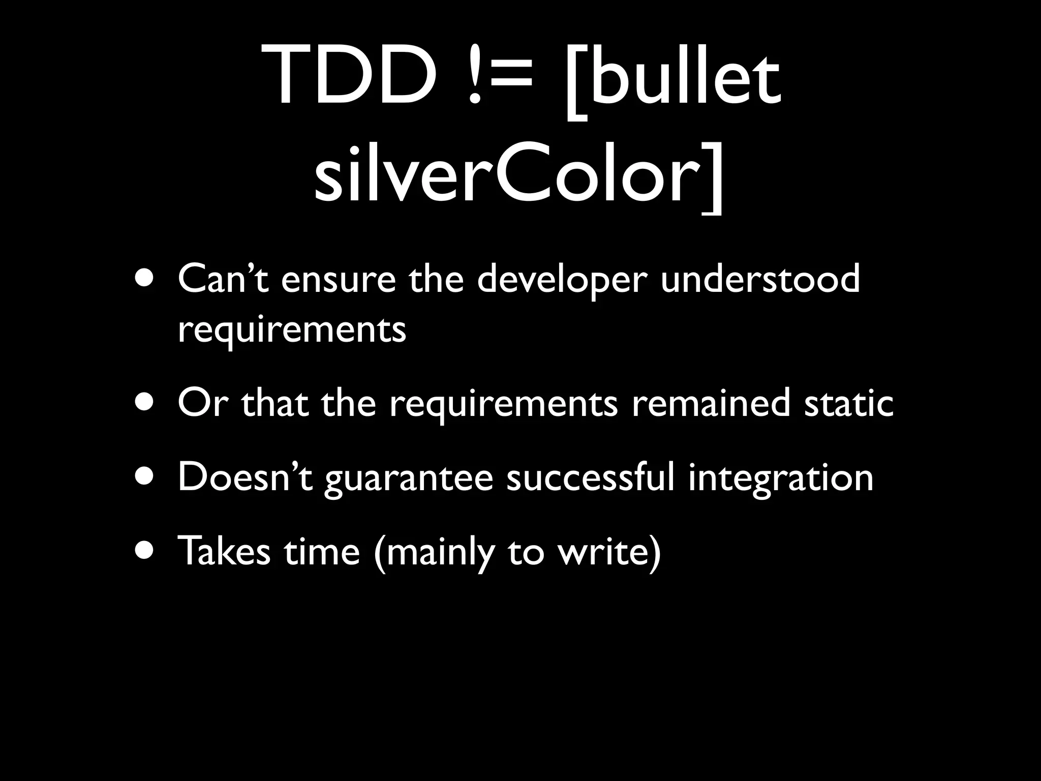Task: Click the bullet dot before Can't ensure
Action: (146, 280)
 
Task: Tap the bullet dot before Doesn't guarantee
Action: (146, 478)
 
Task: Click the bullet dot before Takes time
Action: (146, 552)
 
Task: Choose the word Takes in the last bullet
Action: (224, 551)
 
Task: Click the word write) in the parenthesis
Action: (609, 551)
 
